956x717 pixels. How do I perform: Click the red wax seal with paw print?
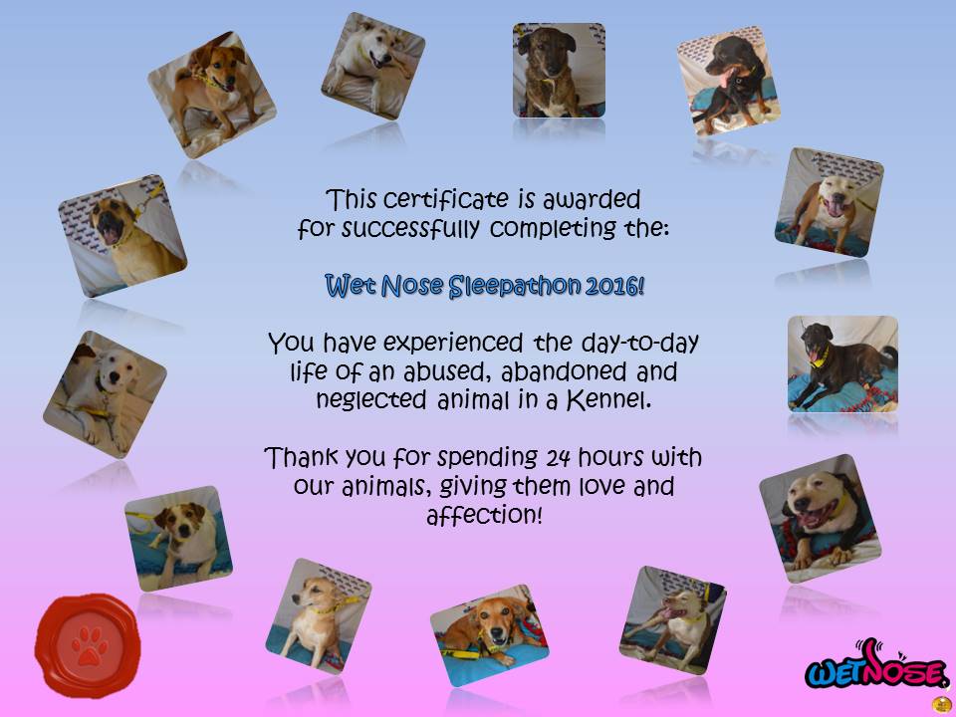tap(88, 645)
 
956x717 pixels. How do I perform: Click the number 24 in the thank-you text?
tap(558, 457)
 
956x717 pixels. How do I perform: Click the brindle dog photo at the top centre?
tap(559, 70)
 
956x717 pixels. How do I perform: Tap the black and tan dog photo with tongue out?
tap(729, 81)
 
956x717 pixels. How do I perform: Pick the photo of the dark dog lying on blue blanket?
tap(842, 363)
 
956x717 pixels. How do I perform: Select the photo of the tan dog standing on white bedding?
tap(211, 95)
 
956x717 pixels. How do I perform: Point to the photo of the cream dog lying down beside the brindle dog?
tap(373, 66)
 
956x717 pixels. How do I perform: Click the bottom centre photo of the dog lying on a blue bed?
tap(489, 635)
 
